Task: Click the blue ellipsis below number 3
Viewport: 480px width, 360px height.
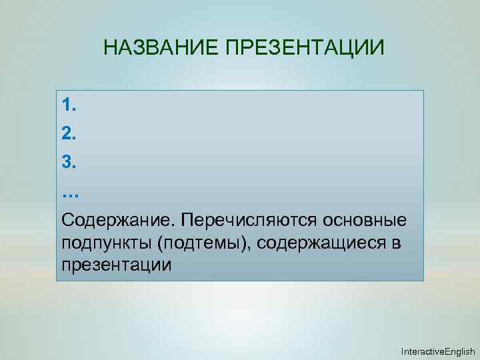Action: pyautogui.click(x=70, y=193)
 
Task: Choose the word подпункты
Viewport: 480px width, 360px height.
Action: pyautogui.click(x=107, y=243)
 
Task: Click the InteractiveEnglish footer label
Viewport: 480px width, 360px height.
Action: pyautogui.click(x=437, y=351)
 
